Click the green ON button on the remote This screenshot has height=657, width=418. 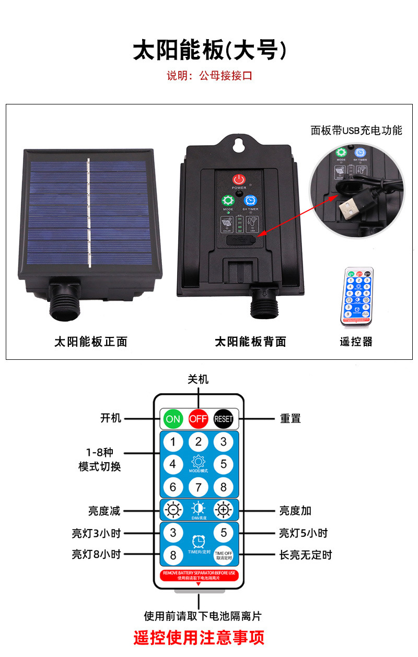(173, 419)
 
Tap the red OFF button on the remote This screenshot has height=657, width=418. (198, 419)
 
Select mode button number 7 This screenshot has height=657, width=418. (198, 487)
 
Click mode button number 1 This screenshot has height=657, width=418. (173, 442)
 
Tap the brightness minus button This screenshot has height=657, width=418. (173, 510)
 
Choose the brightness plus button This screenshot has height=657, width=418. (224, 510)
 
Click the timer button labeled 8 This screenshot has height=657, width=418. (173, 555)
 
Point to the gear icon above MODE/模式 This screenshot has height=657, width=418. (198, 462)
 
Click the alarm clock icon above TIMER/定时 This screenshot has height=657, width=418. (198, 541)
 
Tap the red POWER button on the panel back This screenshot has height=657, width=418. (239, 179)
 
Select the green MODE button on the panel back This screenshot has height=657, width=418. (228, 201)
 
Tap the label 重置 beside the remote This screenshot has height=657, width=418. (291, 419)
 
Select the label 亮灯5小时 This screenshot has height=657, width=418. (303, 533)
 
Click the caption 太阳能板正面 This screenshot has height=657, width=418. (91, 342)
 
